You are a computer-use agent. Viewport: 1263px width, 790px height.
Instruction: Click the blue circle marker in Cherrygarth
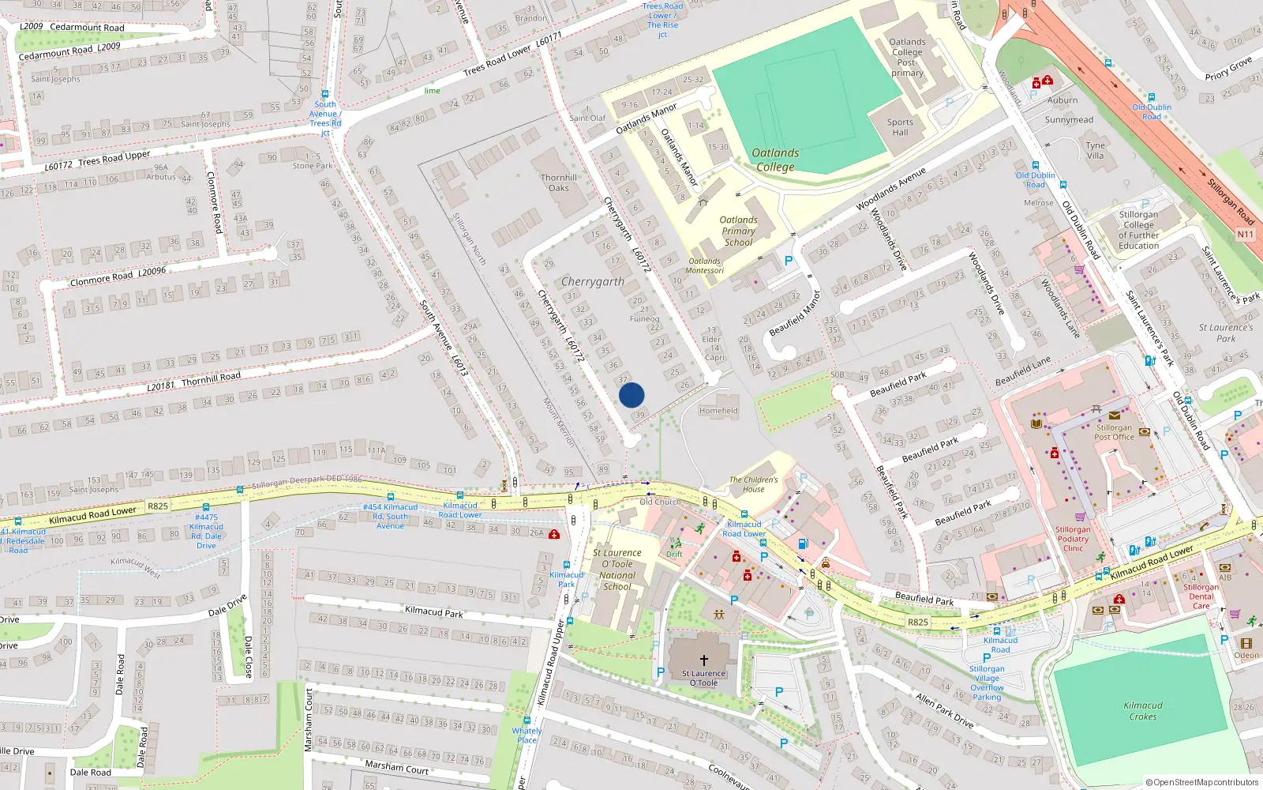(x=631, y=395)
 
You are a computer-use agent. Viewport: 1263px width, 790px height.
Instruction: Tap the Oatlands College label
(x=775, y=160)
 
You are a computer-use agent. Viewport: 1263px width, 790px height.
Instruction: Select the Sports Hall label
(x=900, y=127)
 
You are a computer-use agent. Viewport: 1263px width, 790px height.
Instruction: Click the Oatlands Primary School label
(x=738, y=231)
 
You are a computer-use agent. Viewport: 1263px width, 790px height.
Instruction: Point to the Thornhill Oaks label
(x=559, y=182)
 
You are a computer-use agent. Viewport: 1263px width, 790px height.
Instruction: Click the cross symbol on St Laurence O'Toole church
(x=704, y=660)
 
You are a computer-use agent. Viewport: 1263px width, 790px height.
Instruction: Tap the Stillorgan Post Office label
(x=1114, y=432)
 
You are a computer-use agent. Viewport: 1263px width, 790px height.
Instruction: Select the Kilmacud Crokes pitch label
(x=1142, y=711)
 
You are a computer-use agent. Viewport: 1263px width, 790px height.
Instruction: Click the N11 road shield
(x=1245, y=235)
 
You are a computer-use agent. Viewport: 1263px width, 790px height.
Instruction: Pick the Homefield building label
(x=718, y=411)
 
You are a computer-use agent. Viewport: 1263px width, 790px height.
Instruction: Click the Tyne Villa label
(x=1095, y=150)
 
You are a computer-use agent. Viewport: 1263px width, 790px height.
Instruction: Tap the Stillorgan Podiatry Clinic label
(x=1073, y=539)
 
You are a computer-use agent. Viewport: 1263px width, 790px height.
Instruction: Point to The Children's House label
(x=753, y=484)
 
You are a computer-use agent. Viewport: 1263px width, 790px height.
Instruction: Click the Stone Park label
(x=313, y=166)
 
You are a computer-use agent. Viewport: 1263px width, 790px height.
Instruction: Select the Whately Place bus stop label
(x=527, y=735)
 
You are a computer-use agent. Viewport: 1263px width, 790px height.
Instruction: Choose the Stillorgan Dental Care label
(x=1201, y=596)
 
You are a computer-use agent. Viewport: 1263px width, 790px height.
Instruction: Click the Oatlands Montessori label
(x=705, y=265)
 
